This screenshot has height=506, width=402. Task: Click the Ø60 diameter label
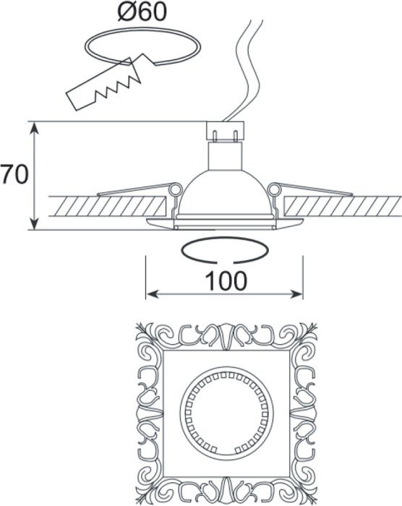(x=142, y=12)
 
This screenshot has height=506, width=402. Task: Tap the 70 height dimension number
(x=14, y=175)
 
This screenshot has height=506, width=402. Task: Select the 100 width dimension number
(x=226, y=280)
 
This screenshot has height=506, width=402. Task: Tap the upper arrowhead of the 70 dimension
(x=35, y=128)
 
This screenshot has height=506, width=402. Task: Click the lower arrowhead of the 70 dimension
(x=35, y=223)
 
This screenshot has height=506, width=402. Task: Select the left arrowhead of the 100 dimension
(x=153, y=294)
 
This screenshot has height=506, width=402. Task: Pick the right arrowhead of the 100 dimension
(x=296, y=294)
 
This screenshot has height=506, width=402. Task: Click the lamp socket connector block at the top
(x=225, y=131)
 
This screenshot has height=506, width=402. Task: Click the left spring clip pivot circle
(x=176, y=189)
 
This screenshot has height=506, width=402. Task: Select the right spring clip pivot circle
(x=275, y=189)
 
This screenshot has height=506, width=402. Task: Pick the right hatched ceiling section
(x=342, y=206)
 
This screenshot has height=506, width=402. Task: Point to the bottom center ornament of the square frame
(x=226, y=493)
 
